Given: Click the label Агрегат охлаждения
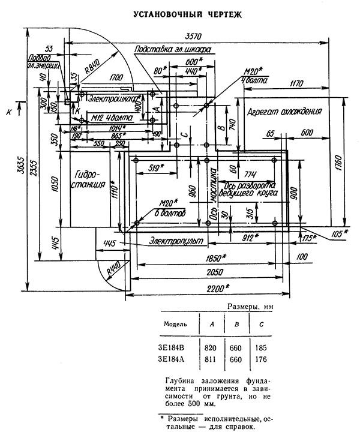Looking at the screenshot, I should (x=285, y=112).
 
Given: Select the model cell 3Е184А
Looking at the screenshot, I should (x=172, y=361).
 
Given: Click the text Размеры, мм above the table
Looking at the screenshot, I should (x=253, y=307).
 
